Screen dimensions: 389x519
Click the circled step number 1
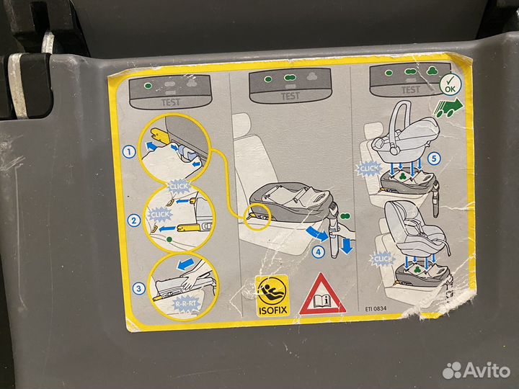coord(127,152)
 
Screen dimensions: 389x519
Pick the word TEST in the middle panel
coord(290,96)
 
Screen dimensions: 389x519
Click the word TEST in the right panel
coord(409,90)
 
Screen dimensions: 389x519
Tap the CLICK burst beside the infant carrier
coord(368,169)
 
